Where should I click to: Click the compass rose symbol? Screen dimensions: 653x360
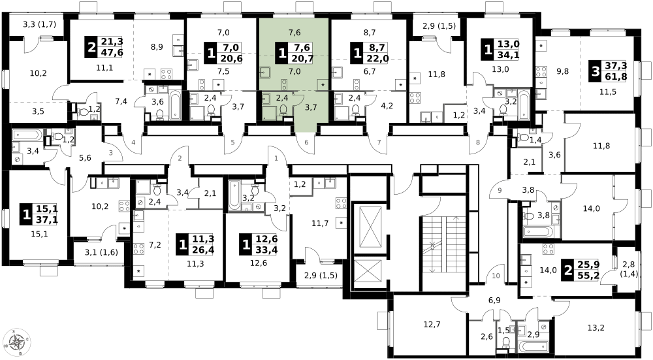pos(17,342)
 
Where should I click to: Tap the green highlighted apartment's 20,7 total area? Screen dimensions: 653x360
pos(303,58)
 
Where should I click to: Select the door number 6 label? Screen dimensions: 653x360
pos(306,142)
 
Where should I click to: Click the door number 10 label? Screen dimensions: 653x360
pos(496,276)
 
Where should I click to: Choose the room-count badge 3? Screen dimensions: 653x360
pos(596,72)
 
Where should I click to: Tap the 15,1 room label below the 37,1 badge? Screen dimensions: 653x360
pos(40,234)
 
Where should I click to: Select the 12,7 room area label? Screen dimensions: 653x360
pos(432,324)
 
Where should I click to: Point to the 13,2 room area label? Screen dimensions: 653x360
pos(596,327)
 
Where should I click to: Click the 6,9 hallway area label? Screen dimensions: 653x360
pos(494,301)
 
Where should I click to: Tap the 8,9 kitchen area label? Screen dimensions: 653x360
pos(157,46)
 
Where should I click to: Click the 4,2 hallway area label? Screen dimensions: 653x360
pos(387,106)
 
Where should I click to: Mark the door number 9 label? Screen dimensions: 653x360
pos(500,191)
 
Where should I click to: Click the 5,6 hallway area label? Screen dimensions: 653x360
pos(85,157)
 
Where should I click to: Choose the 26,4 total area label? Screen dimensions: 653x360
pos(204,250)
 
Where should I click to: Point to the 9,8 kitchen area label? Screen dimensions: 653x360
pos(563,71)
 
